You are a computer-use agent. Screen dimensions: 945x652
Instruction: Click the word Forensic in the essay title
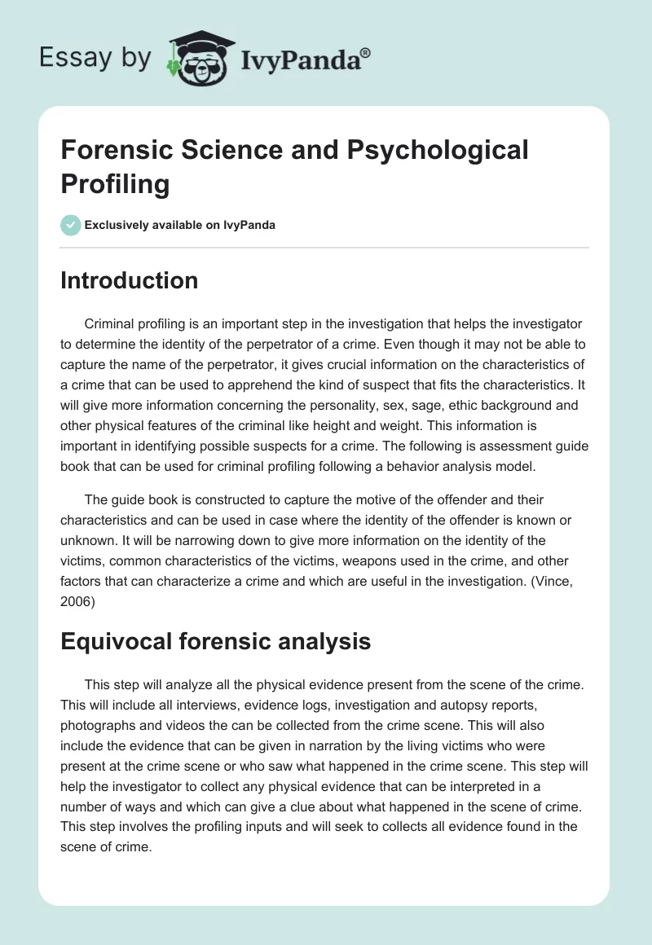[113, 151]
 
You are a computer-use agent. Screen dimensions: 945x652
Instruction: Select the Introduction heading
[130, 280]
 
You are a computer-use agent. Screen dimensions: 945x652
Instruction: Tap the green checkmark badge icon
[71, 225]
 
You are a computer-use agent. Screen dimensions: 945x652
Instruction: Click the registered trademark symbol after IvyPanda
[366, 54]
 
